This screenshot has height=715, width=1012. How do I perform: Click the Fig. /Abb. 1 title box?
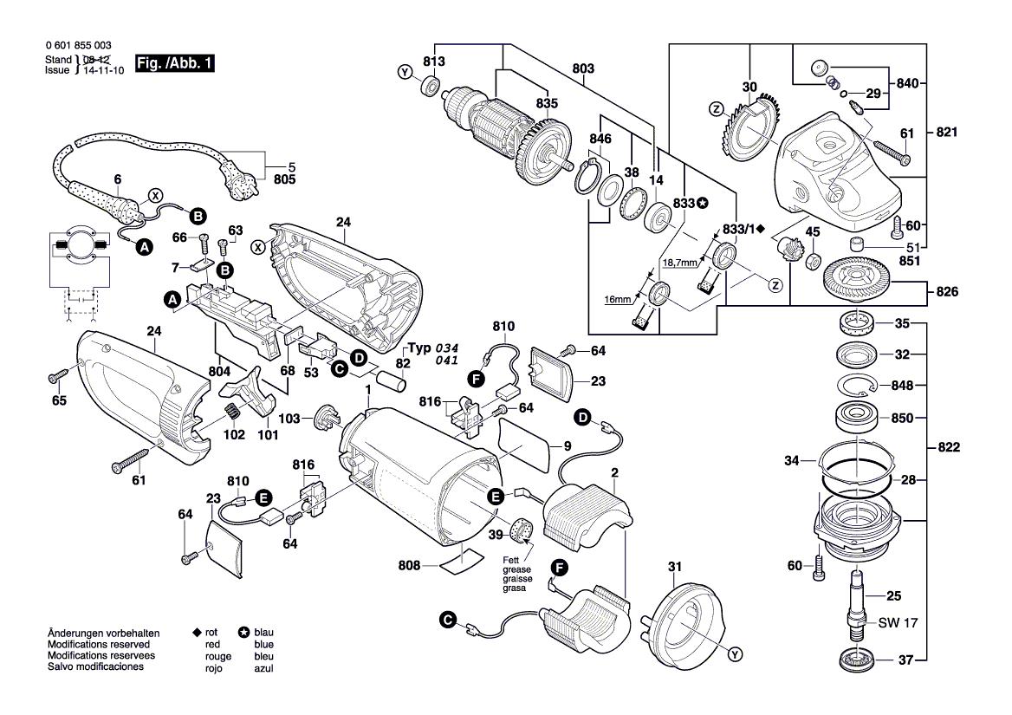(x=174, y=64)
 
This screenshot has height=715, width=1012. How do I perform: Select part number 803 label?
(x=583, y=67)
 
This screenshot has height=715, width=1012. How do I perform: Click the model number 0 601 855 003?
(x=77, y=45)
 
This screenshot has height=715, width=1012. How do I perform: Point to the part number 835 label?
(x=546, y=102)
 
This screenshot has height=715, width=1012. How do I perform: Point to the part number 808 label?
(x=410, y=565)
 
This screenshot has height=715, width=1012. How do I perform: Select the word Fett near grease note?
(x=511, y=559)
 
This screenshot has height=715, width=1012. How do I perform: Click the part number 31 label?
(x=675, y=567)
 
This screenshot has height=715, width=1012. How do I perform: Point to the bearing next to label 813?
(x=429, y=87)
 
